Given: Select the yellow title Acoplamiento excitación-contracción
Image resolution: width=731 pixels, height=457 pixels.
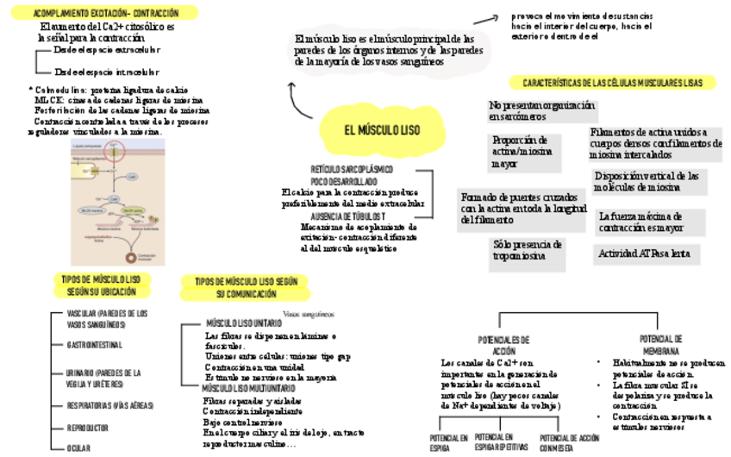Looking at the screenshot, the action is [106, 13].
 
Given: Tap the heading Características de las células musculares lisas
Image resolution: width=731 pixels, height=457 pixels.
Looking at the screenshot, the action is [618, 83].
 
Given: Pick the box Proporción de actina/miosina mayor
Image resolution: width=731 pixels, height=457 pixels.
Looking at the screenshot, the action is [522, 151].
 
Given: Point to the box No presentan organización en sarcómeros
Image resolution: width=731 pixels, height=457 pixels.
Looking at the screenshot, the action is [541, 110].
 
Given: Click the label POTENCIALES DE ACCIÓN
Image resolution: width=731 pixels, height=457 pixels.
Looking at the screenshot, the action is [503, 345].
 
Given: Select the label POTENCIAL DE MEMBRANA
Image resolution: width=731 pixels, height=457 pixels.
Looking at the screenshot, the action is [661, 345].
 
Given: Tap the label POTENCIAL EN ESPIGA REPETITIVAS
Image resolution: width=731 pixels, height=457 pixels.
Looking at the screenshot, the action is [501, 442].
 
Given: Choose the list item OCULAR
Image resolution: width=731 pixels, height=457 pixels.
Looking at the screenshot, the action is [78, 448].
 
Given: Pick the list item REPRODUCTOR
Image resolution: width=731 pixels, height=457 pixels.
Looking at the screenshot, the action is [88, 428].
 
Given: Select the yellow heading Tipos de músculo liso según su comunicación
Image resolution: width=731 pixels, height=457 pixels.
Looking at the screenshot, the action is [245, 288].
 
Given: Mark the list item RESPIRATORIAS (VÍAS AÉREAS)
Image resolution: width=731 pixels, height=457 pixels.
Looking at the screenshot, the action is [110, 404].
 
